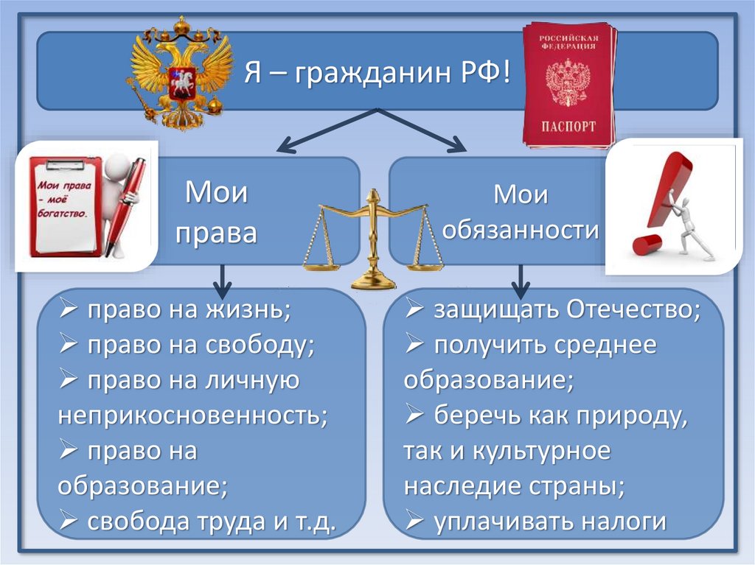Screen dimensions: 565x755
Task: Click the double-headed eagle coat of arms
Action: click(x=180, y=74)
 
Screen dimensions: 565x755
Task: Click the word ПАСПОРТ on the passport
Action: click(x=569, y=126)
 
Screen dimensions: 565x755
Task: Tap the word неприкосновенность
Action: click(x=192, y=415)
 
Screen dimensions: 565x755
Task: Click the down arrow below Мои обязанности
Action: click(x=521, y=280)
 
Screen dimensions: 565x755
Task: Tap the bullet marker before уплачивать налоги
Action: click(x=414, y=522)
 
